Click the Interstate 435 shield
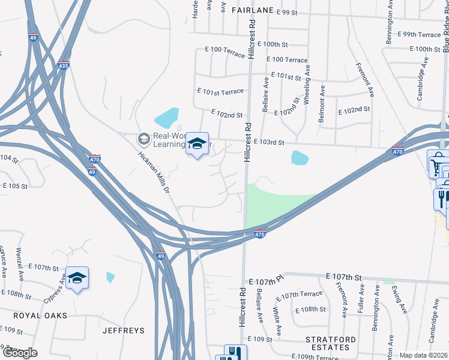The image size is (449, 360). pos(64,65)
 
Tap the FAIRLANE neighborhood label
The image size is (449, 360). pos(250,10)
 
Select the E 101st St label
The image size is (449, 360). pos(285,76)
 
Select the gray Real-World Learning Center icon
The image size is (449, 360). pos(143,139)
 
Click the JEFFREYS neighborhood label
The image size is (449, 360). pos(124,331)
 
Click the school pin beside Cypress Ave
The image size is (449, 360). pos(77,278)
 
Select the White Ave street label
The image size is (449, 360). pos(278,321)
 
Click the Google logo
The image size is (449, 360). pos(19,352)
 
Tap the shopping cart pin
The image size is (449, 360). pos(436,163)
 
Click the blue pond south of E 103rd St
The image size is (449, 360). pos(299,158)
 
